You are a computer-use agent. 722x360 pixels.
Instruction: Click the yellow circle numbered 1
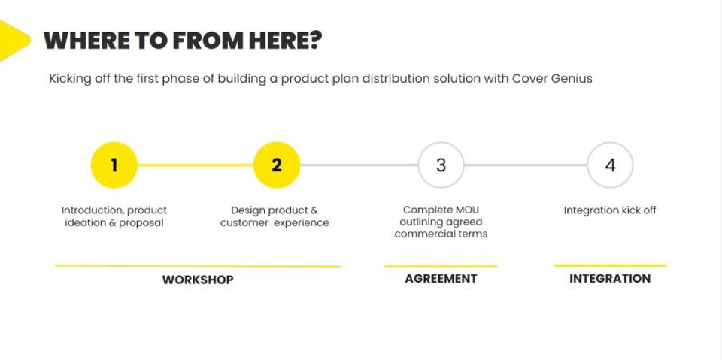(x=114, y=165)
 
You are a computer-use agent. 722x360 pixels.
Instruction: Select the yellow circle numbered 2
(x=277, y=165)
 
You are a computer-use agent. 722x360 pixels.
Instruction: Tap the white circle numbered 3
(x=441, y=165)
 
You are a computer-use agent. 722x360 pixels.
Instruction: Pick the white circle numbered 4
(x=610, y=165)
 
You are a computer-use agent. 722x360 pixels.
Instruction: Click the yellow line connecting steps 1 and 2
(x=196, y=165)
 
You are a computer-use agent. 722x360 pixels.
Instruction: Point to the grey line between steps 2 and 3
(x=359, y=165)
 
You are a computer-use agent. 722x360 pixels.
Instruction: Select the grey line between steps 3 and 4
(x=525, y=165)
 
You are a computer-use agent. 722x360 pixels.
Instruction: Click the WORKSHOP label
(x=198, y=280)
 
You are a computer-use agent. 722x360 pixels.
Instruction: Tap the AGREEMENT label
(x=441, y=278)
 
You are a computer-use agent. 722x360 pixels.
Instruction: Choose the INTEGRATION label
(x=610, y=278)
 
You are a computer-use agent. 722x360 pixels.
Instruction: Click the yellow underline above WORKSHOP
(x=198, y=265)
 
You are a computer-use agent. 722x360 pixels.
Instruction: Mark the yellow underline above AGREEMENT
(x=441, y=265)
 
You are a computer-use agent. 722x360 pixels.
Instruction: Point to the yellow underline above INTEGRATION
(x=610, y=265)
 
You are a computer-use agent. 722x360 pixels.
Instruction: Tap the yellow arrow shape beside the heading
(x=12, y=39)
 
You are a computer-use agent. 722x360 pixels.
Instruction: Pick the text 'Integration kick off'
(x=610, y=210)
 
